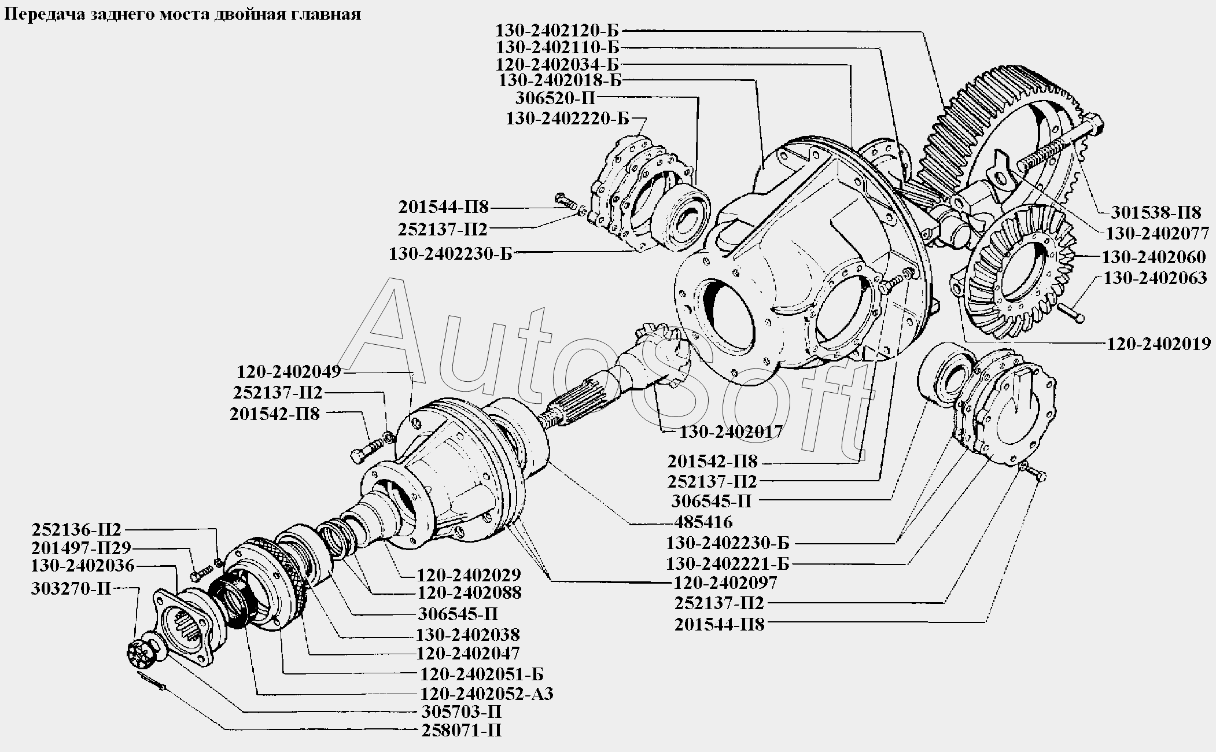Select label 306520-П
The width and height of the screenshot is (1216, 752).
click(x=555, y=97)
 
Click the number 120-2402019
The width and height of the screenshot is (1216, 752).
click(x=1159, y=344)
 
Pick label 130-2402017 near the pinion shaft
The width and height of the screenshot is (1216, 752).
click(x=731, y=432)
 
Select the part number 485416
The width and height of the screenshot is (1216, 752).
click(x=703, y=522)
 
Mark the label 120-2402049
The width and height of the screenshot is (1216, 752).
click(x=289, y=371)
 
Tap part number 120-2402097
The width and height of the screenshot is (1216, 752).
click(x=725, y=582)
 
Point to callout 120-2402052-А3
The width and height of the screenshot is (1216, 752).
click(x=485, y=694)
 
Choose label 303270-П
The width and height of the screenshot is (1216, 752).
click(x=71, y=588)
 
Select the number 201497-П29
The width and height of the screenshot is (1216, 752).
click(x=82, y=548)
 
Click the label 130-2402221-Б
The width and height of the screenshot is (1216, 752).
click(x=728, y=563)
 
